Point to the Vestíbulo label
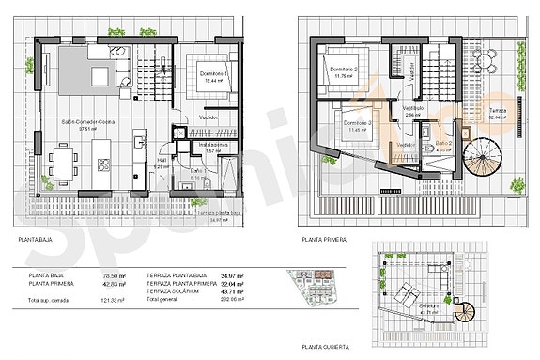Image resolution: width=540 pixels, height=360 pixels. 414,108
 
